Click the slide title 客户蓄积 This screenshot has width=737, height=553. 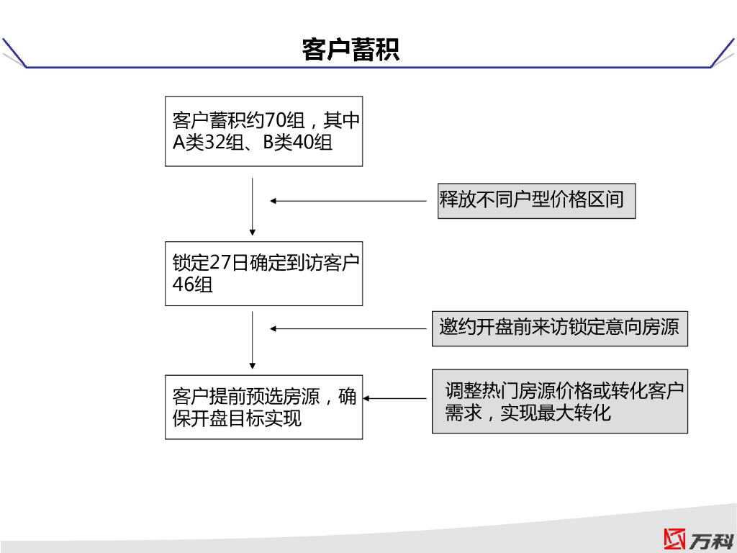(351, 50)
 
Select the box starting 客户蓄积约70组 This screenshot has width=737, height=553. (263, 131)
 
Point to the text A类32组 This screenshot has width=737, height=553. (207, 143)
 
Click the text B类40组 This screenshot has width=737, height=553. (297, 143)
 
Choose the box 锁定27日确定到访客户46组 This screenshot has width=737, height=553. (263, 274)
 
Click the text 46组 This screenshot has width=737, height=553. (192, 285)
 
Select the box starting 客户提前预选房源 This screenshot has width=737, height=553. (263, 407)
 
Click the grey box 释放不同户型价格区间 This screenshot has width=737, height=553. (536, 200)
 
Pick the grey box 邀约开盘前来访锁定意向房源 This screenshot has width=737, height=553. (559, 328)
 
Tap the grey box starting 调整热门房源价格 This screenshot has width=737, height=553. (559, 402)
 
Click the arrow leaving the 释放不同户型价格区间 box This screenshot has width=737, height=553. (348, 201)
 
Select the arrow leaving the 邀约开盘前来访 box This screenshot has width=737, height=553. (348, 328)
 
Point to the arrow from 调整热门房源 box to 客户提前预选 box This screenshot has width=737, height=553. (395, 398)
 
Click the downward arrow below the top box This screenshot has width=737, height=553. (253, 207)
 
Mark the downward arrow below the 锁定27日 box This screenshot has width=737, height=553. (253, 339)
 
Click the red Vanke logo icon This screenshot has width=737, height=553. (675, 539)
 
